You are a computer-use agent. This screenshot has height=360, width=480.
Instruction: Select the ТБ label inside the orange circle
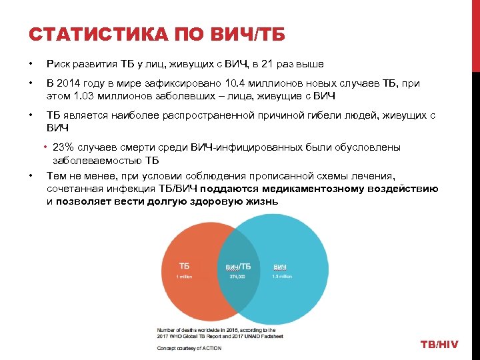click(184, 266)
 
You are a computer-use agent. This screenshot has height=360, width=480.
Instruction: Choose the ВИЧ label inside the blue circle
click(279, 267)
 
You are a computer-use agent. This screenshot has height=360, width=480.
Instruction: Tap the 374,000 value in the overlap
click(237, 277)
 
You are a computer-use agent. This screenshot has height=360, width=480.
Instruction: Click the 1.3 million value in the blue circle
click(282, 276)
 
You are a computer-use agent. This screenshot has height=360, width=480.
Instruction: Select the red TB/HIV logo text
click(439, 344)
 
